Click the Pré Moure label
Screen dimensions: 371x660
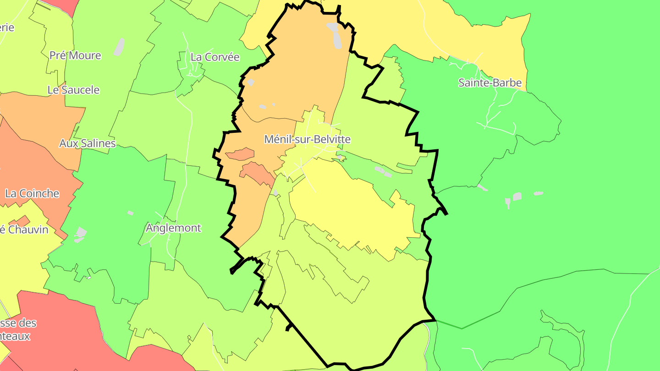[75, 55]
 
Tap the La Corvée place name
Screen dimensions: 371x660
[215, 57]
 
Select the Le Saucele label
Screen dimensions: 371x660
[73, 90]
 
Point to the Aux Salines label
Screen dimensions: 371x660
[88, 143]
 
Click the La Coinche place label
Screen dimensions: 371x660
[32, 193]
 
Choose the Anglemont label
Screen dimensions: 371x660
[173, 228]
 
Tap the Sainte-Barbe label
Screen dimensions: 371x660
[490, 83]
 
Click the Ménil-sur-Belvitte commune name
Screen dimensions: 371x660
[307, 139]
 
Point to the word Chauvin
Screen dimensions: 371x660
[28, 229]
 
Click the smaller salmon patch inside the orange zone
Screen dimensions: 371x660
[240, 153]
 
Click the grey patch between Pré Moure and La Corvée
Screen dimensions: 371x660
[119, 47]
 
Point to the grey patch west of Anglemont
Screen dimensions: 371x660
[81, 234]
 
